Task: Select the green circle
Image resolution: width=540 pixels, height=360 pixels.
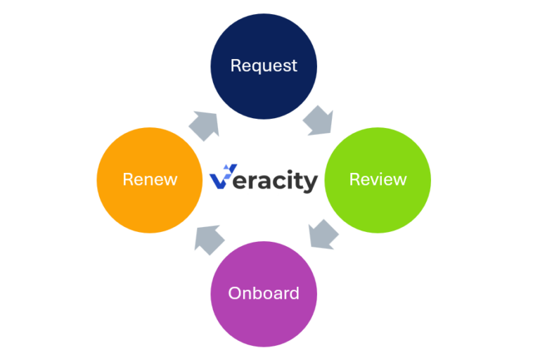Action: click(x=378, y=180)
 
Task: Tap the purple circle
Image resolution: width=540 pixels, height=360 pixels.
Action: click(x=264, y=294)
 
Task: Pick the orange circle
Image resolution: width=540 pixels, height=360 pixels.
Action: click(x=150, y=180)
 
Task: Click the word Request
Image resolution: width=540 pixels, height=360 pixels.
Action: click(x=264, y=65)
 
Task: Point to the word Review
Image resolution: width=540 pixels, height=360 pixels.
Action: click(x=378, y=179)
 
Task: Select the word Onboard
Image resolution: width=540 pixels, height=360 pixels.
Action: click(x=264, y=293)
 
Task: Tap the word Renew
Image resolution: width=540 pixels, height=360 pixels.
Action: click(x=150, y=179)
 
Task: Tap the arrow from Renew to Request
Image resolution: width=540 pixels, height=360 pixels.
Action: click(x=205, y=124)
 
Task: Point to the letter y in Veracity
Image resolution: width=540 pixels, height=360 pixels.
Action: click(x=310, y=183)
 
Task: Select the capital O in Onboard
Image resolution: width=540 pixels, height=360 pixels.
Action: click(x=234, y=293)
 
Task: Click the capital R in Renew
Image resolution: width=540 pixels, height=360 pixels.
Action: click(x=127, y=179)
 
